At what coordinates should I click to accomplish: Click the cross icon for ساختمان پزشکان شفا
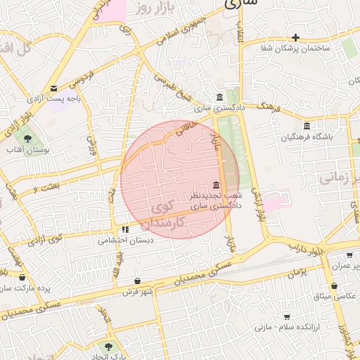296,37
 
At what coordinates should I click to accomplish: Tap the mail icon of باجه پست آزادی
53,88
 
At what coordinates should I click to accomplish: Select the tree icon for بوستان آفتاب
27,139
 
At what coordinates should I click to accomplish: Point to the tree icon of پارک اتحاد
108,346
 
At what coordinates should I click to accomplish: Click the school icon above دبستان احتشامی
125,229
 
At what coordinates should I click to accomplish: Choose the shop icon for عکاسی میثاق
334,286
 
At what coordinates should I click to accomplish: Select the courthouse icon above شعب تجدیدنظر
214,184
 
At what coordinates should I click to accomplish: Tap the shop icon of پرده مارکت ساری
22,277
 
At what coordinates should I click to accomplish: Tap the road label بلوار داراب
307,247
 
